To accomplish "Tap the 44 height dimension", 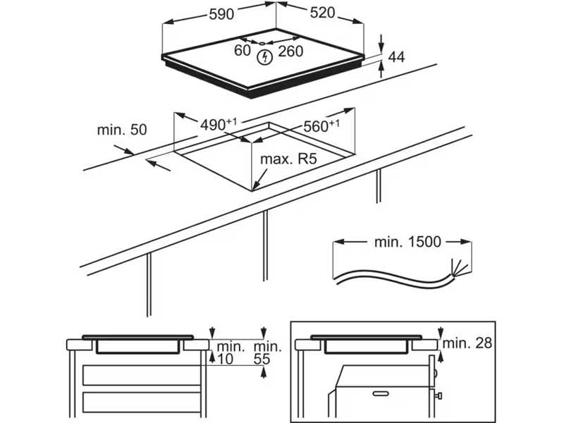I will (396, 58).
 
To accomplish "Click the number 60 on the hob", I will (243, 50).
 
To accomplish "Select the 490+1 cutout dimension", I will (217, 125).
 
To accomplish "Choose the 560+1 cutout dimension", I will (321, 126).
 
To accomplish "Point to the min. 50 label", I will (122, 130).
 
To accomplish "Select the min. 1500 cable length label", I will (407, 242).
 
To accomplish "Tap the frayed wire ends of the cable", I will (457, 269).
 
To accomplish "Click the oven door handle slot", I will (382, 392).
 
